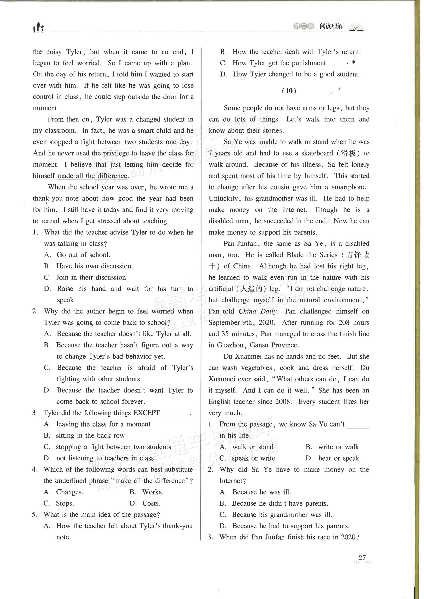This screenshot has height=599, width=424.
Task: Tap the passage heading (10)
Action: (x=289, y=91)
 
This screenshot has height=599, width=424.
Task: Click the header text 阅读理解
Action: (x=331, y=26)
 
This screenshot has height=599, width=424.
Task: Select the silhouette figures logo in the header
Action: (x=39, y=27)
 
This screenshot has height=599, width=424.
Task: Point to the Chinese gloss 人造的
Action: (x=253, y=289)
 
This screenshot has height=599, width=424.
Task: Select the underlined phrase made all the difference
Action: (x=92, y=176)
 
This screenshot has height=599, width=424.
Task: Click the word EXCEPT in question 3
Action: (x=146, y=413)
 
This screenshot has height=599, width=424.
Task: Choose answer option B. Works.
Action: (x=146, y=492)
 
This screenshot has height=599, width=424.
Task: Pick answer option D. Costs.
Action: (x=145, y=503)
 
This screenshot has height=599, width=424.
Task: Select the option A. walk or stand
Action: (x=247, y=447)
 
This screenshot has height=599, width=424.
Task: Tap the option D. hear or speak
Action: (x=332, y=458)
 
